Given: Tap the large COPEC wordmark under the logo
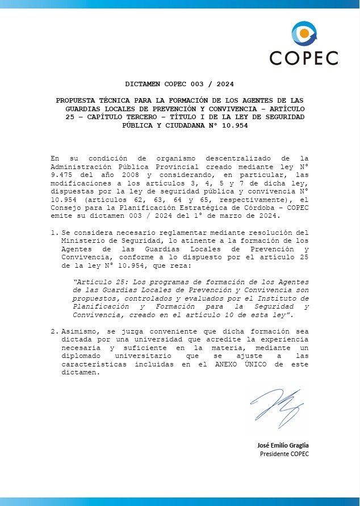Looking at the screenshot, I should click(304, 58).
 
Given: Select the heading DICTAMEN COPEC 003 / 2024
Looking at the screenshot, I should click(179, 84).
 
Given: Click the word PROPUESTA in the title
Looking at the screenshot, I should click(76, 100).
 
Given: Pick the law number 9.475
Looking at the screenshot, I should click(62, 175).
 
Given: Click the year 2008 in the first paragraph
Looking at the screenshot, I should click(124, 175).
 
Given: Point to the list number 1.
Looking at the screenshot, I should click(53, 233).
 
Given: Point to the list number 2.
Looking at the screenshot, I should click(53, 331).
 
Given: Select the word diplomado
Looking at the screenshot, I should click(81, 356).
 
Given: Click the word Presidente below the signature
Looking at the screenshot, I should click(275, 454).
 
